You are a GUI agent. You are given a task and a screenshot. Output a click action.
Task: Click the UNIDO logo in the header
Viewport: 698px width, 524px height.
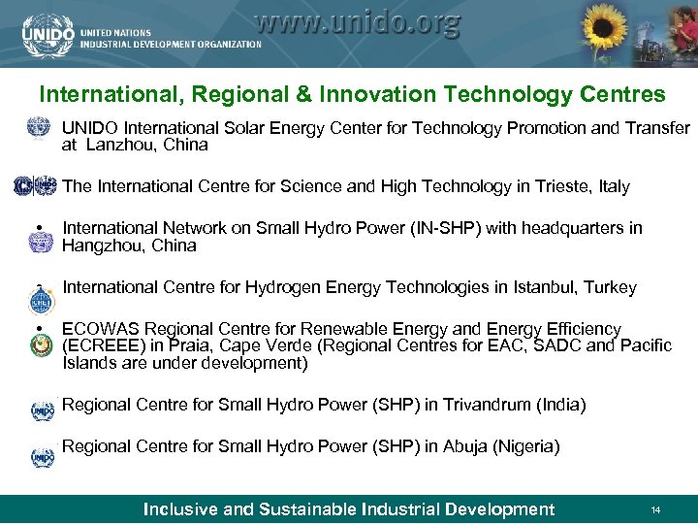point(46,34)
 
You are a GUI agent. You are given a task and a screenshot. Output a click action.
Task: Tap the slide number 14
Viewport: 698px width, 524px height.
point(655,509)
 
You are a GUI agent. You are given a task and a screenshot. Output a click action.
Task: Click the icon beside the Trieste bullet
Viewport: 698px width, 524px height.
point(36,186)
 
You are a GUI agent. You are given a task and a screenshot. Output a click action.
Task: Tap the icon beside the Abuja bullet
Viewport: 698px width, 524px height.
point(42,456)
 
